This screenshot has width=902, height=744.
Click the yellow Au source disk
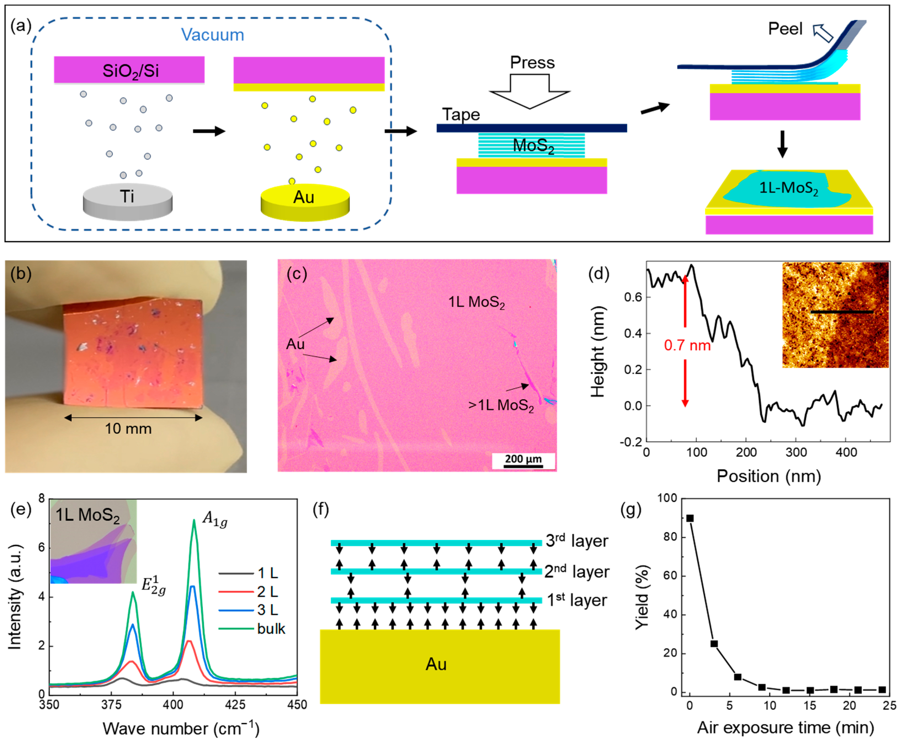(x=305, y=201)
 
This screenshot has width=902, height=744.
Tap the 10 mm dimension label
(x=128, y=428)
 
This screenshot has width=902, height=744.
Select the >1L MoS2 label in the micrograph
(x=501, y=405)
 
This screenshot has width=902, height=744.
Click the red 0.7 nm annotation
(x=687, y=345)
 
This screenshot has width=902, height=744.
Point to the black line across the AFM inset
(x=842, y=312)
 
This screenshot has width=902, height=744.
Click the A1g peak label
(x=215, y=519)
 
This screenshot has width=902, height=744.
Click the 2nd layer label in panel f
(x=577, y=571)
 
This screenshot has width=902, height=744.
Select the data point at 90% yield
(x=690, y=518)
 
